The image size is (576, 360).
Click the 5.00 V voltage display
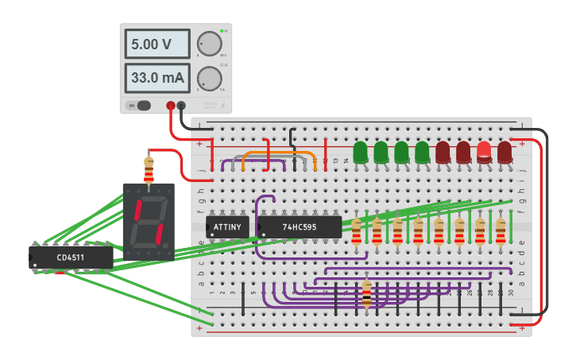pos(157,44)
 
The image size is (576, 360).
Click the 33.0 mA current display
pos(157,78)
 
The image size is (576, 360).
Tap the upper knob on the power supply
pos(209,44)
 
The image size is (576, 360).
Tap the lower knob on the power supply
pos(209,78)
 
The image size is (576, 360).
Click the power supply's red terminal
pos(171,105)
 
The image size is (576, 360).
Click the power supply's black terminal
pos(182,105)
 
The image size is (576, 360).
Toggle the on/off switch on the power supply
pos(143,105)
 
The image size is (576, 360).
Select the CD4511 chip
pos(71,257)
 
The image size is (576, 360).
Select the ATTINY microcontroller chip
pos(227,227)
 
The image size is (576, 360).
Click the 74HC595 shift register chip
pos(299,227)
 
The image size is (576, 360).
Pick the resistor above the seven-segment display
pos(149,169)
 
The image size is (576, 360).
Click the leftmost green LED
pos(360,153)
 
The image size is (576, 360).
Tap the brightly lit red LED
pos(484,152)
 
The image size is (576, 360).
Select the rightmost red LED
pos(504,152)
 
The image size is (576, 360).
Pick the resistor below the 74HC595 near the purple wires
pos(366,293)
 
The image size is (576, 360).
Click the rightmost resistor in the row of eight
pos(501,231)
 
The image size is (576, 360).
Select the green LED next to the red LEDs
pos(422,153)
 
